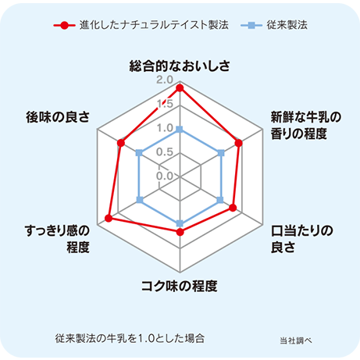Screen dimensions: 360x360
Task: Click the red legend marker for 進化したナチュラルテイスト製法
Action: click(65, 26)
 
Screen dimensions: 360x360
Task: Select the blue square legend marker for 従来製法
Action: click(251, 25)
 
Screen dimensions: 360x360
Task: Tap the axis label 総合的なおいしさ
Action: click(180, 66)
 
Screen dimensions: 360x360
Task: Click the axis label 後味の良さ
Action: click(58, 117)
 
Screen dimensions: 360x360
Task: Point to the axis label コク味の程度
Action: click(180, 286)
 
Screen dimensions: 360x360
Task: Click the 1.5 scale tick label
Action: click(166, 104)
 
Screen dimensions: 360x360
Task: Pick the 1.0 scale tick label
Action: click(165, 128)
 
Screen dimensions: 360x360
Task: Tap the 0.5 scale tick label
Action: click(165, 151)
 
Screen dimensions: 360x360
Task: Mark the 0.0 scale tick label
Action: click(165, 176)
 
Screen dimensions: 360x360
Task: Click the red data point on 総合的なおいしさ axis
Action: click(180, 88)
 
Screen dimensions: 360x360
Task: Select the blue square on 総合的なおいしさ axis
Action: click(180, 129)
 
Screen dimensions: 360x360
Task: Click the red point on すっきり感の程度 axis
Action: click(109, 218)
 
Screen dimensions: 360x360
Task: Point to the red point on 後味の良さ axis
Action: click(121, 143)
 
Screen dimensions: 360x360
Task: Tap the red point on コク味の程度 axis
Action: click(180, 232)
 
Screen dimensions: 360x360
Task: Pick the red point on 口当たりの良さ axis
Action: click(233, 208)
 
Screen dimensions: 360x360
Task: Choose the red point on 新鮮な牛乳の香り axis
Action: click(239, 143)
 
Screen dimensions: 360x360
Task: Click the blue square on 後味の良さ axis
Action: click(140, 153)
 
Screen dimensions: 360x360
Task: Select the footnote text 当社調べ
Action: click(296, 340)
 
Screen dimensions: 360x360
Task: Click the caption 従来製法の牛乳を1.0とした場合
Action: click(130, 338)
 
